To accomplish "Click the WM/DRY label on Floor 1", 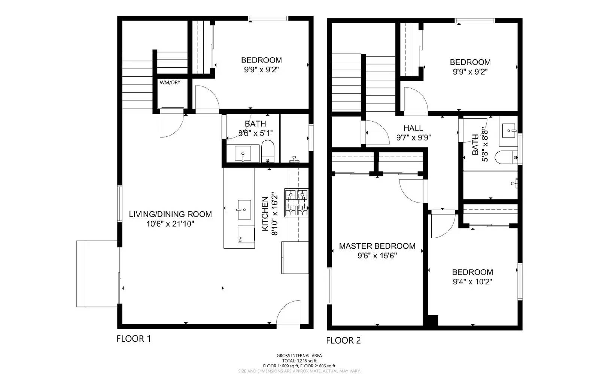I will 170,82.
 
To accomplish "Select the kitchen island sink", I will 244,210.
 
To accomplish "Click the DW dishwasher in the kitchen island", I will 246,235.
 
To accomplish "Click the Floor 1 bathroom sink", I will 243,153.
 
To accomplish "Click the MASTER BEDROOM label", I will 377,246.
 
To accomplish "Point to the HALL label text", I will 413,128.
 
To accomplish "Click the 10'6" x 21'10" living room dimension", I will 170,224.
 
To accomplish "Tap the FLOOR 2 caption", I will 343,340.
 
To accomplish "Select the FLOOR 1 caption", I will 134,339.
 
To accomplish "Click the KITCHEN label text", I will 265,214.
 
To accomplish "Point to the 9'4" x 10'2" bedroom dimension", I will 472,282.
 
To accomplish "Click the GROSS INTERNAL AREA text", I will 299,356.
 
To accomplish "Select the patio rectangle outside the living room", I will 97,274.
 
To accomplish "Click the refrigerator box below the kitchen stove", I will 295,258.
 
